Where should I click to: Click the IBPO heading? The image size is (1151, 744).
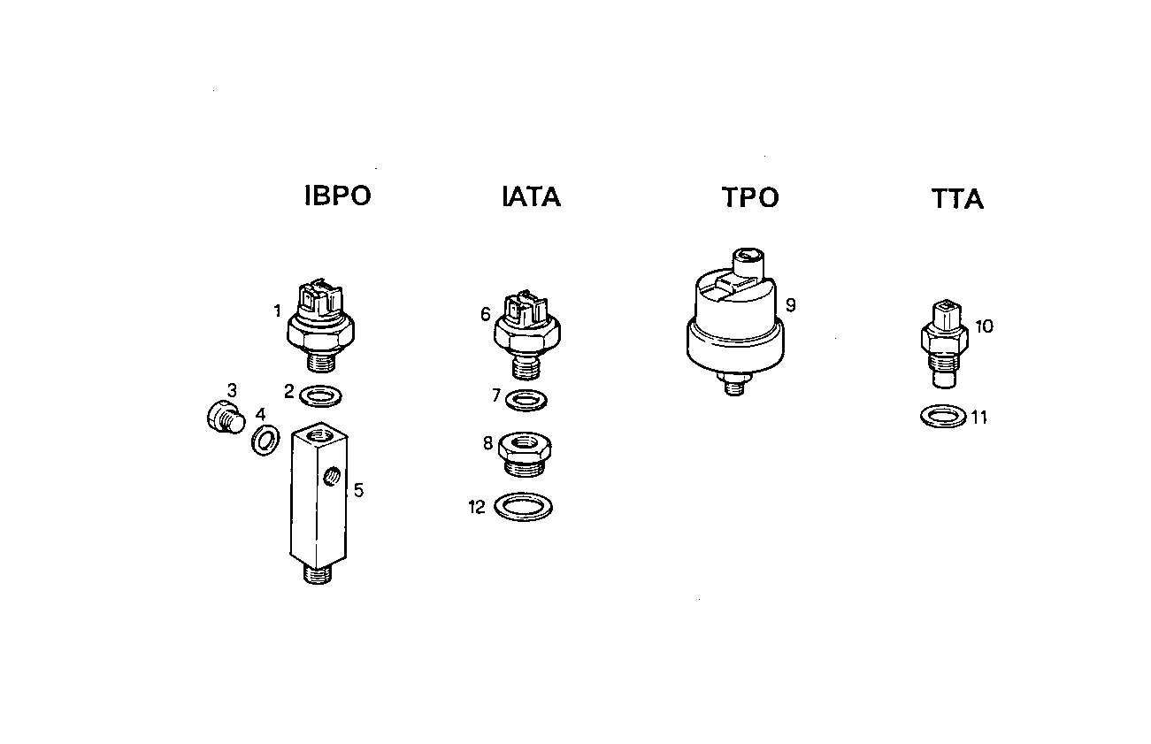coord(337,196)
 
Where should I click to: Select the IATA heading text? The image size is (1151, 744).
coord(531,196)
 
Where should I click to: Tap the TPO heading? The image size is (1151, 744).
coord(750,198)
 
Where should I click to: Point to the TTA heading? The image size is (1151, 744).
coord(957,200)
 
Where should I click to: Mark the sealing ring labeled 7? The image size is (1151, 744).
coord(526,400)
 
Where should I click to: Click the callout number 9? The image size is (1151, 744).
coord(791,305)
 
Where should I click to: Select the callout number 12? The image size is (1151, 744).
coord(477,508)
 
